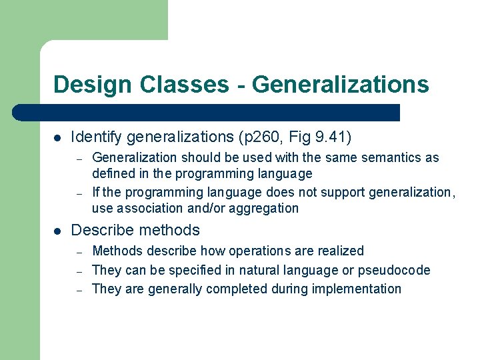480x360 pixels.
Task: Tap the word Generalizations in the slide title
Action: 340,85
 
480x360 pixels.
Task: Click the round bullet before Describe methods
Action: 57,231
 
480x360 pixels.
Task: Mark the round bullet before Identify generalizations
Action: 57,138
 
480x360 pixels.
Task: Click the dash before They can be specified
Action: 78,271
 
